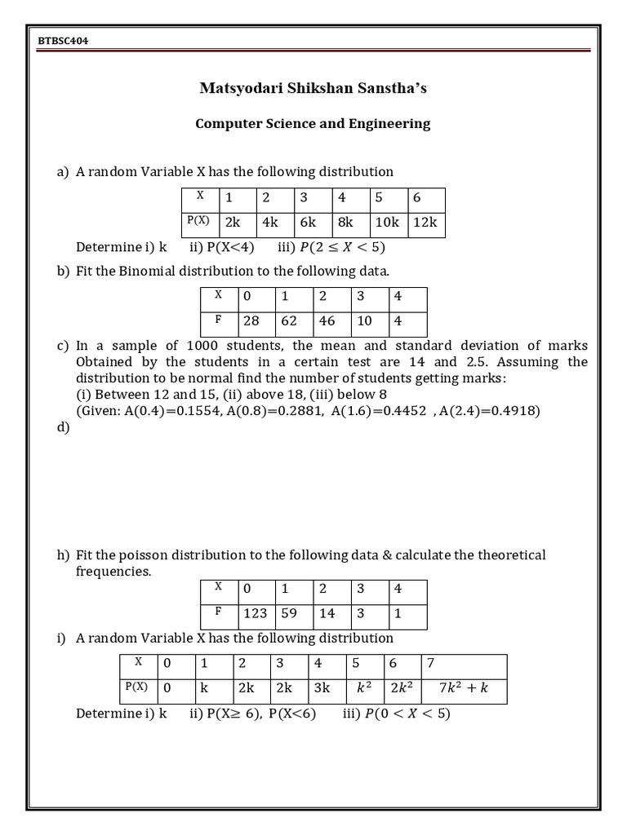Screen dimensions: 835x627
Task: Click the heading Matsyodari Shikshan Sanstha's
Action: click(313, 88)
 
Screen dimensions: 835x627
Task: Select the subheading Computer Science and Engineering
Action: click(313, 124)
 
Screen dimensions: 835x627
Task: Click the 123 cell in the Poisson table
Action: click(256, 613)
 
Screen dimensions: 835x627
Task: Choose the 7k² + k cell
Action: click(463, 687)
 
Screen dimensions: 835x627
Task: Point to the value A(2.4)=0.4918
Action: click(489, 411)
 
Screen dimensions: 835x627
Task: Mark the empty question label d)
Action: click(63, 427)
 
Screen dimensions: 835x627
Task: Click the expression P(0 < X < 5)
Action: click(407, 714)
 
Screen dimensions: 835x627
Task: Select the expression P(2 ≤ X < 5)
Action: click(342, 248)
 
